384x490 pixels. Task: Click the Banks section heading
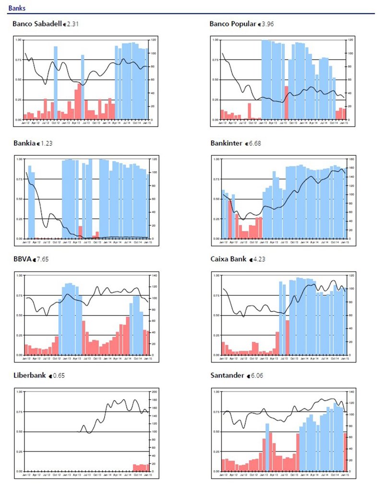pos(17,8)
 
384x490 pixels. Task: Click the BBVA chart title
pos(22,259)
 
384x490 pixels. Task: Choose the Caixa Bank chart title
pos(228,259)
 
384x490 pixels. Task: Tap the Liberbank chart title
pos(30,375)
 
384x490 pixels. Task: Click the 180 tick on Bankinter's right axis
pos(351,159)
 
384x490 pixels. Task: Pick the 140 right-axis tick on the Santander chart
pos(351,392)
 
